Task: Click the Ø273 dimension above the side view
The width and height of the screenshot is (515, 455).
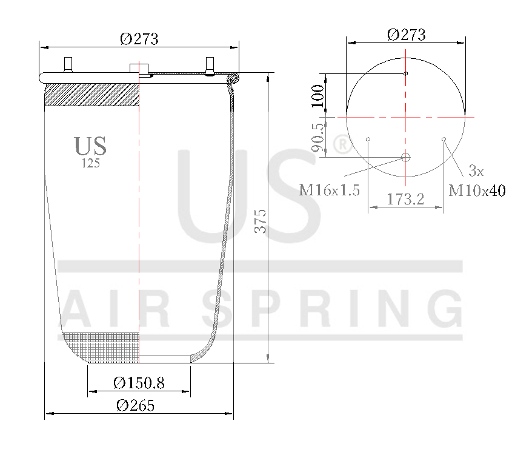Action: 139,39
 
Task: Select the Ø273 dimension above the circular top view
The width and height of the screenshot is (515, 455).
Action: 406,35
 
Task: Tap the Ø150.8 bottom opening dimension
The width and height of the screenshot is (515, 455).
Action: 139,383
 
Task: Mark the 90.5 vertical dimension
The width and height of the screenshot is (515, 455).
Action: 317,136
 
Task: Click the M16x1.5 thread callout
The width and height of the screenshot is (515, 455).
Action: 330,190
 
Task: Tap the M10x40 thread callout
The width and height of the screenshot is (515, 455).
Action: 477,190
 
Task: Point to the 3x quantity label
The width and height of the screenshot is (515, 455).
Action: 476,170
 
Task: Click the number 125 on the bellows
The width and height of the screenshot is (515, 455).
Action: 90,163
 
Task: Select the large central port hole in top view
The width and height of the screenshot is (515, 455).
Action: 406,158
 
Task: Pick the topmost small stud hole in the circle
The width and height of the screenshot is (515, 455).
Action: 406,74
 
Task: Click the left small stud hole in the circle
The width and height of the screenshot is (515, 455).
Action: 369,140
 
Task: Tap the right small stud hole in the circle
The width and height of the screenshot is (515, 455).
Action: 444,140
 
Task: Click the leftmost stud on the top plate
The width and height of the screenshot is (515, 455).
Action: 68,64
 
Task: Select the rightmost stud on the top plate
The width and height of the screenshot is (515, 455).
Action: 210,64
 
